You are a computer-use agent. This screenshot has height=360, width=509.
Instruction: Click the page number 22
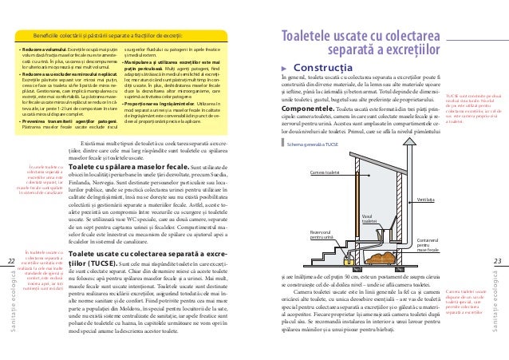(10, 260)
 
